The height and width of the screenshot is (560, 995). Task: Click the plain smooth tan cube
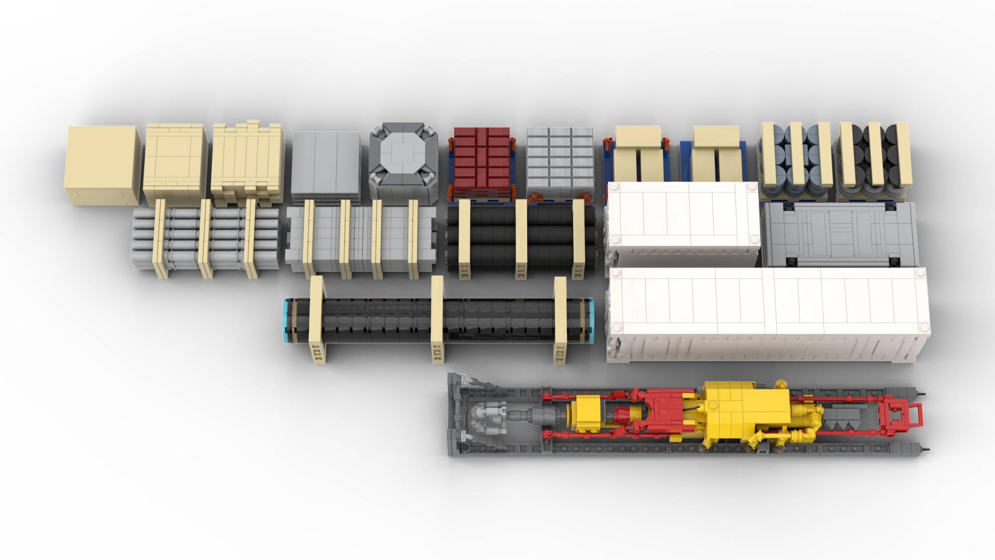[x=103, y=164]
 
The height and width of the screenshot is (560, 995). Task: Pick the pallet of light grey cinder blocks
[x=560, y=162]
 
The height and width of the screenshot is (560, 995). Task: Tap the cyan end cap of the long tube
[x=286, y=320]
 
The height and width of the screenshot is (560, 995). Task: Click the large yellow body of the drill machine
[x=746, y=410]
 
